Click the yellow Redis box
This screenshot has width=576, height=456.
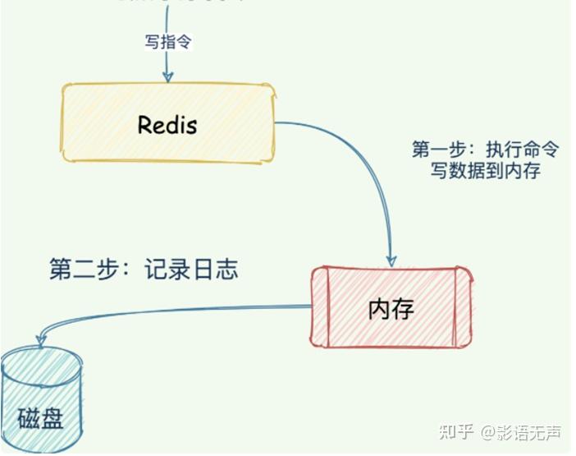click(167, 124)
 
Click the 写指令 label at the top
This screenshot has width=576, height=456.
click(167, 43)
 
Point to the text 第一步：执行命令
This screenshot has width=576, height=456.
click(485, 150)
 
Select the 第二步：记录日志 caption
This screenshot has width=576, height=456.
click(144, 269)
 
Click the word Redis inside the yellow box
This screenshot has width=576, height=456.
click(167, 125)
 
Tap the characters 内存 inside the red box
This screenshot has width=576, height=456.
click(391, 309)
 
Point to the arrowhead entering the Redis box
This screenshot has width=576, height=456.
click(167, 77)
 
